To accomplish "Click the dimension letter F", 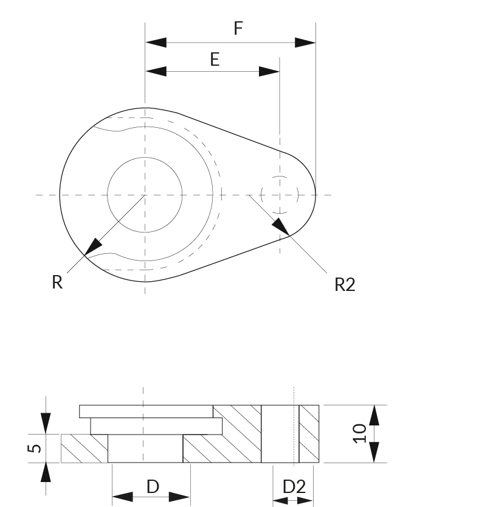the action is (238, 28).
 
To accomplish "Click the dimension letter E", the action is (215, 60).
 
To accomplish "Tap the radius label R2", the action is (345, 285).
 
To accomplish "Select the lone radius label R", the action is (57, 282).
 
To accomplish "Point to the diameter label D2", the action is (294, 487).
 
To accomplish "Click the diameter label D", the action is (153, 486).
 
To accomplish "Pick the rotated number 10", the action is (359, 433).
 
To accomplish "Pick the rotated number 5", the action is (35, 449).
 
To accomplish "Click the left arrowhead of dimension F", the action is (156, 43).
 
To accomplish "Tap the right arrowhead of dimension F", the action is (305, 43).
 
